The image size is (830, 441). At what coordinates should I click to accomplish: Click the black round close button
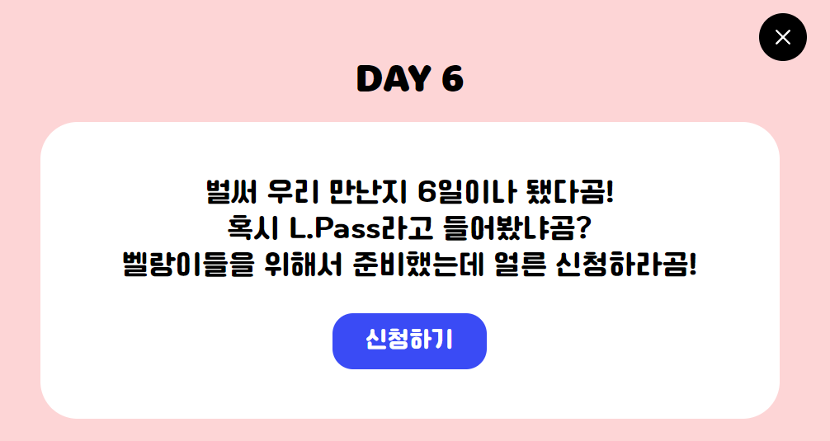(x=782, y=37)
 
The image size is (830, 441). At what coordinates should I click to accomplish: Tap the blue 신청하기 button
(x=409, y=340)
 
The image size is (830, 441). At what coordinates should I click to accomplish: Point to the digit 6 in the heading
(x=452, y=79)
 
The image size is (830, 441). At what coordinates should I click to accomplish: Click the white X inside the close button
(x=782, y=37)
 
